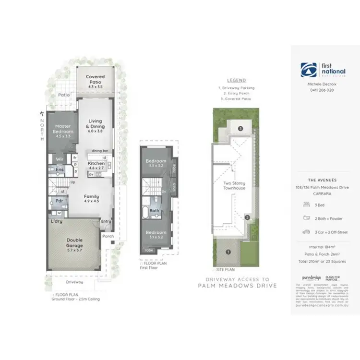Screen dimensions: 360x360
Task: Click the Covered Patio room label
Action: click(95, 79)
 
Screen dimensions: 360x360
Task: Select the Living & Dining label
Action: click(96, 124)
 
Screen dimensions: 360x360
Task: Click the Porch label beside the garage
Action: click(108, 236)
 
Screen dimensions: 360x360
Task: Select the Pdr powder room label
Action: click(60, 201)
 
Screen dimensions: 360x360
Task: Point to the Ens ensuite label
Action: click(60, 169)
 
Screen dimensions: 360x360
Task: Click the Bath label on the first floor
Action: click(154, 210)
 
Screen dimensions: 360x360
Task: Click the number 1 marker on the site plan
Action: click(228, 251)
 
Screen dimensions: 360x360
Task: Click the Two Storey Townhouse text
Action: click(234, 185)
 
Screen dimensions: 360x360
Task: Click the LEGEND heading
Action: click(236, 80)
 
